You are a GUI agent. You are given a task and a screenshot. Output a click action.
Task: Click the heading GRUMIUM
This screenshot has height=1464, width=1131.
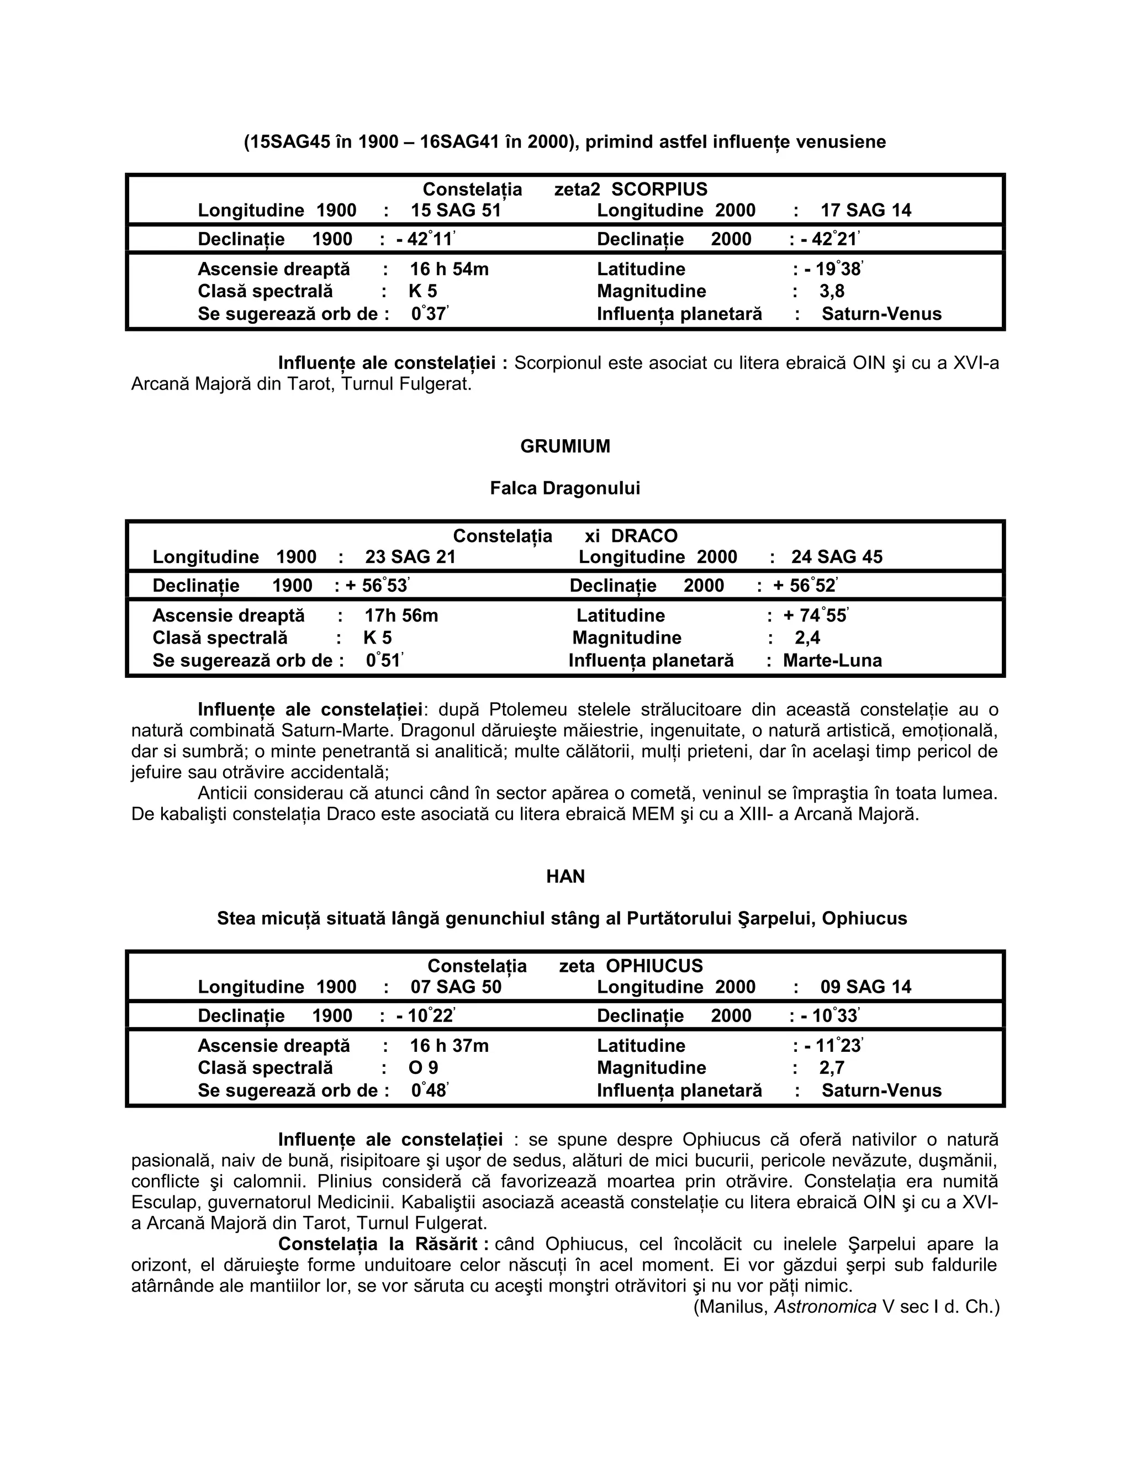click(565, 446)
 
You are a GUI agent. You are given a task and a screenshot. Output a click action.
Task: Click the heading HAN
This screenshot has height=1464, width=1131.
click(565, 876)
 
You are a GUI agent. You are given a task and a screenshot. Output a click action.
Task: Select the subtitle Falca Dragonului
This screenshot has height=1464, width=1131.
click(565, 488)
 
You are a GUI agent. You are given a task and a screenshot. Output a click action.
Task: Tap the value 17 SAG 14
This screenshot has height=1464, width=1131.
click(866, 210)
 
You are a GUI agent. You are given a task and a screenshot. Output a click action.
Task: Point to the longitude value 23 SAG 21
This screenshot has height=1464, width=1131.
click(410, 557)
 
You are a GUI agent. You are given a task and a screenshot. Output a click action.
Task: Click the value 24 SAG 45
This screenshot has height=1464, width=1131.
click(837, 557)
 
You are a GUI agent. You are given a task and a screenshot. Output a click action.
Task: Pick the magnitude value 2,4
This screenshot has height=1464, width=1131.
click(807, 638)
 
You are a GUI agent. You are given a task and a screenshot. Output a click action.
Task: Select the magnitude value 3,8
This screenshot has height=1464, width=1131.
click(832, 291)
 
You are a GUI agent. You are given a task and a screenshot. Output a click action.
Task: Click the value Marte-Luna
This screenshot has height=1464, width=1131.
click(832, 660)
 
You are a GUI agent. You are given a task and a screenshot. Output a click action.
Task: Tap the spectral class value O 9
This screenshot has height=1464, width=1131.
click(424, 1067)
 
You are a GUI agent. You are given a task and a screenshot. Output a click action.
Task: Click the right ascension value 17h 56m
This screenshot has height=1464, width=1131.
click(401, 615)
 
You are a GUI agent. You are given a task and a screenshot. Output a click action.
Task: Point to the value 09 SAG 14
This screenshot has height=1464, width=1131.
click(866, 987)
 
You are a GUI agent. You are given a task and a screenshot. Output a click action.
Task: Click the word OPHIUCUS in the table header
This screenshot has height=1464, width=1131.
click(654, 966)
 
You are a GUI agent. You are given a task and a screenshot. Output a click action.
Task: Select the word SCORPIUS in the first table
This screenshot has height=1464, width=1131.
click(659, 189)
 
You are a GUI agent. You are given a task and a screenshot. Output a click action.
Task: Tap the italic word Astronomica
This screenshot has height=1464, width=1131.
click(826, 1307)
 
